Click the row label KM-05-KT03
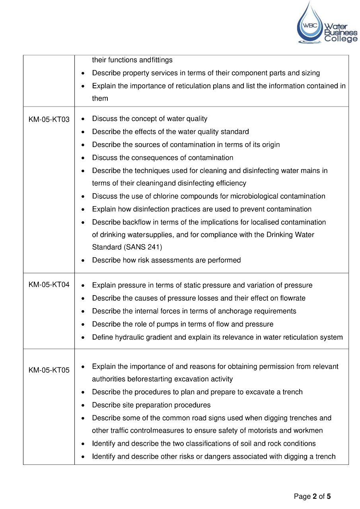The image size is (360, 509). (x=49, y=119)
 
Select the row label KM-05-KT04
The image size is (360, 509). (x=49, y=285)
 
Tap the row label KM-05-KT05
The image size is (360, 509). (x=49, y=370)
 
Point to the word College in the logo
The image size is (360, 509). (x=341, y=39)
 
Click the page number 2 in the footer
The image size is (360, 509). (x=315, y=496)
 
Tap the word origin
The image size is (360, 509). (x=270, y=145)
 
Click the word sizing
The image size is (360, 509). (x=311, y=73)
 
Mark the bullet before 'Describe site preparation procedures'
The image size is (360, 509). (x=82, y=405)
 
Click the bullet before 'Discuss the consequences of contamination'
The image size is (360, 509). (x=82, y=158)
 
